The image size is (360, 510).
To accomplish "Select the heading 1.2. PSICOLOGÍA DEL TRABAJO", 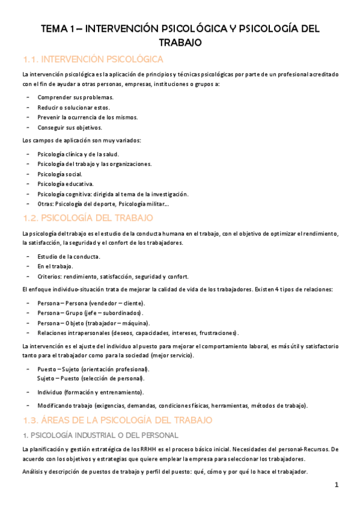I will tap(88, 217).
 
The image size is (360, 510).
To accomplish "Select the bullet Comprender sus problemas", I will tap(75, 97).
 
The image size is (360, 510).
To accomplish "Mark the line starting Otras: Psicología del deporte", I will tap(103, 204).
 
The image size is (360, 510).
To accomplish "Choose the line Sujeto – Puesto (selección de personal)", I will tap(90, 378).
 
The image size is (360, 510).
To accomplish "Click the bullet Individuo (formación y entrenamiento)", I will tap(90, 392).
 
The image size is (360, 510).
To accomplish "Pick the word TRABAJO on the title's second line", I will tap(180, 43).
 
